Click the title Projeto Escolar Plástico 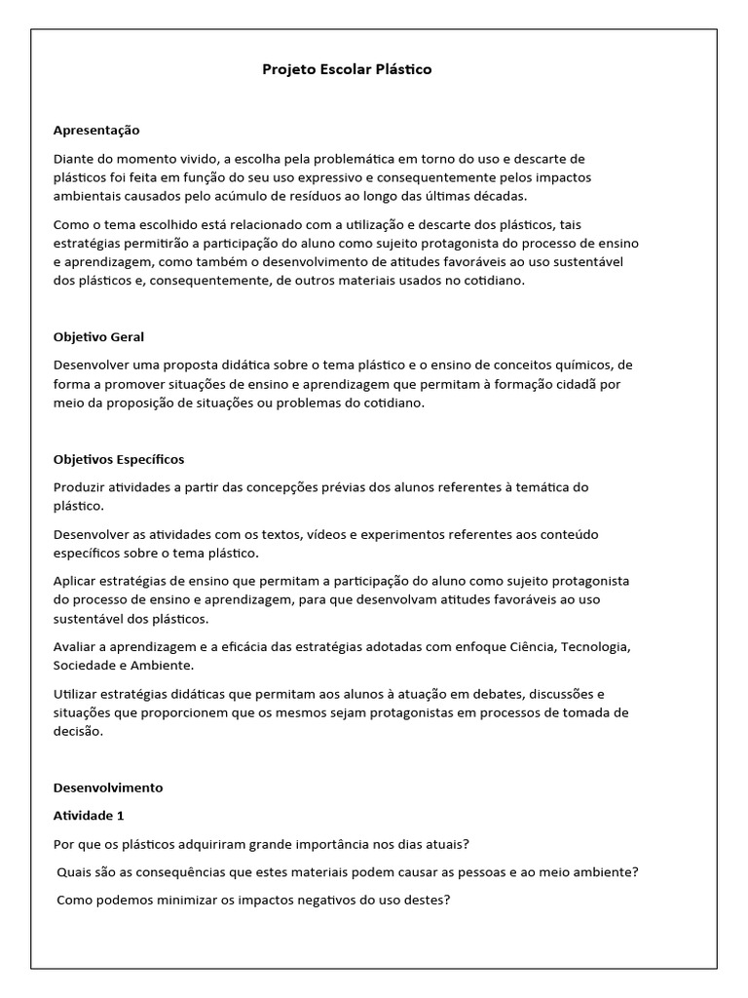[x=347, y=70]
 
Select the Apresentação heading [x=97, y=130]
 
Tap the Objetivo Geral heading [x=98, y=336]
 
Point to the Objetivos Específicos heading [x=119, y=459]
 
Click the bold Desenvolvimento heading [x=108, y=787]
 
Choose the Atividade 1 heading [x=90, y=815]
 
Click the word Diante [x=74, y=159]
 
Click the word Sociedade [x=87, y=665]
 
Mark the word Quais [x=75, y=872]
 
